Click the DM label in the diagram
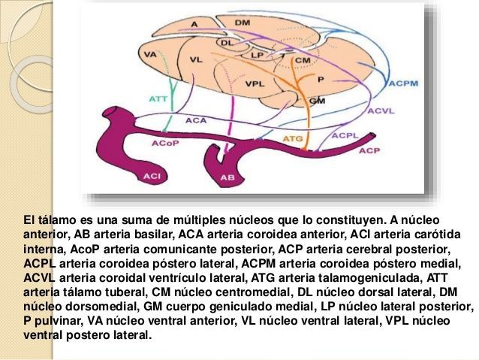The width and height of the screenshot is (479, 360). pos(242,23)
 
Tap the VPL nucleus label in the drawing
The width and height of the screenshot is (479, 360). pos(255,84)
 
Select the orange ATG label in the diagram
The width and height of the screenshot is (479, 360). pos(292,139)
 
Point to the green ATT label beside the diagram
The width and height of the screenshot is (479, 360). pos(158,98)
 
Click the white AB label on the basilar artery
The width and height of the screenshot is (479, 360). pos(227,178)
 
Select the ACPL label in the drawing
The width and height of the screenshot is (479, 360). pos(345,135)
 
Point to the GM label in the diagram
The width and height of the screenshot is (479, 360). pos(317,100)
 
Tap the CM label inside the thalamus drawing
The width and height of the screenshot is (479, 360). pos(303,59)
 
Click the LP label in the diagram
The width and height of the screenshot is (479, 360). pos(257,55)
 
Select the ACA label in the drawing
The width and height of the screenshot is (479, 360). pos(196,119)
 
